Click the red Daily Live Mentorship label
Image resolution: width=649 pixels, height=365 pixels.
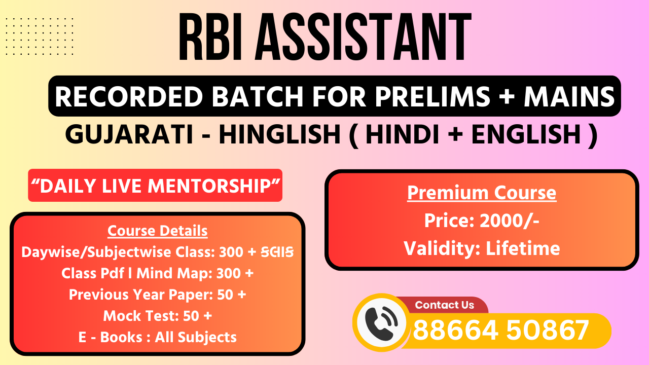[155, 186]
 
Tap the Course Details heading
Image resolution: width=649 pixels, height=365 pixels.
[158, 231]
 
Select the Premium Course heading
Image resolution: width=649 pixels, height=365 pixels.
[482, 193]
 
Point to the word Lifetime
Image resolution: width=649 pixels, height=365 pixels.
[523, 248]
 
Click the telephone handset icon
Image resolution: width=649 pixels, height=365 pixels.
[381, 322]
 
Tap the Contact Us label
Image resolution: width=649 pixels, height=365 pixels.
[444, 305]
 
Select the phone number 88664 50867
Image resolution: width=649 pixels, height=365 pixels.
[500, 331]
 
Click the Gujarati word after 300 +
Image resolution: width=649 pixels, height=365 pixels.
[277, 252]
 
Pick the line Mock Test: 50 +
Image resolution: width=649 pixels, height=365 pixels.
[158, 316]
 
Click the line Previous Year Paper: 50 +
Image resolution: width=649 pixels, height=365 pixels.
[158, 295]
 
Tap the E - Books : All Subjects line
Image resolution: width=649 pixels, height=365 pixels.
[158, 337]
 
